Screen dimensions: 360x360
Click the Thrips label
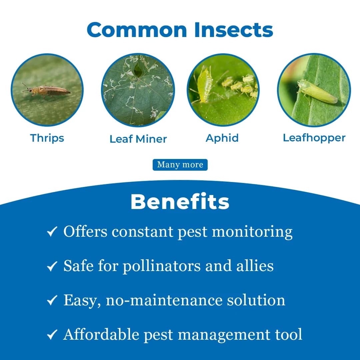[x=47, y=138]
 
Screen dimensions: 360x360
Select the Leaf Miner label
[x=138, y=139]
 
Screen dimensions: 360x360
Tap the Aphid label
[x=222, y=138]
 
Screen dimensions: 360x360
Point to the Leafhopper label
[x=314, y=138]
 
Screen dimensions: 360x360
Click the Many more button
[x=180, y=165]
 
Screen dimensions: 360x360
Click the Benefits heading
[x=180, y=202]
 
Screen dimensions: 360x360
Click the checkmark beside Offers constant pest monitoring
[x=52, y=232]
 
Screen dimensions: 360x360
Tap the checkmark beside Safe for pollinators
[x=52, y=266]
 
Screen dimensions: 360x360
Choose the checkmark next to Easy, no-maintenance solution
[x=52, y=301]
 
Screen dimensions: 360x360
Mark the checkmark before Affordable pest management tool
[x=52, y=335]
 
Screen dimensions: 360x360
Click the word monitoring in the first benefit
[x=252, y=232]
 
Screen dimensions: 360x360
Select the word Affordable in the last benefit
[x=101, y=334]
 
